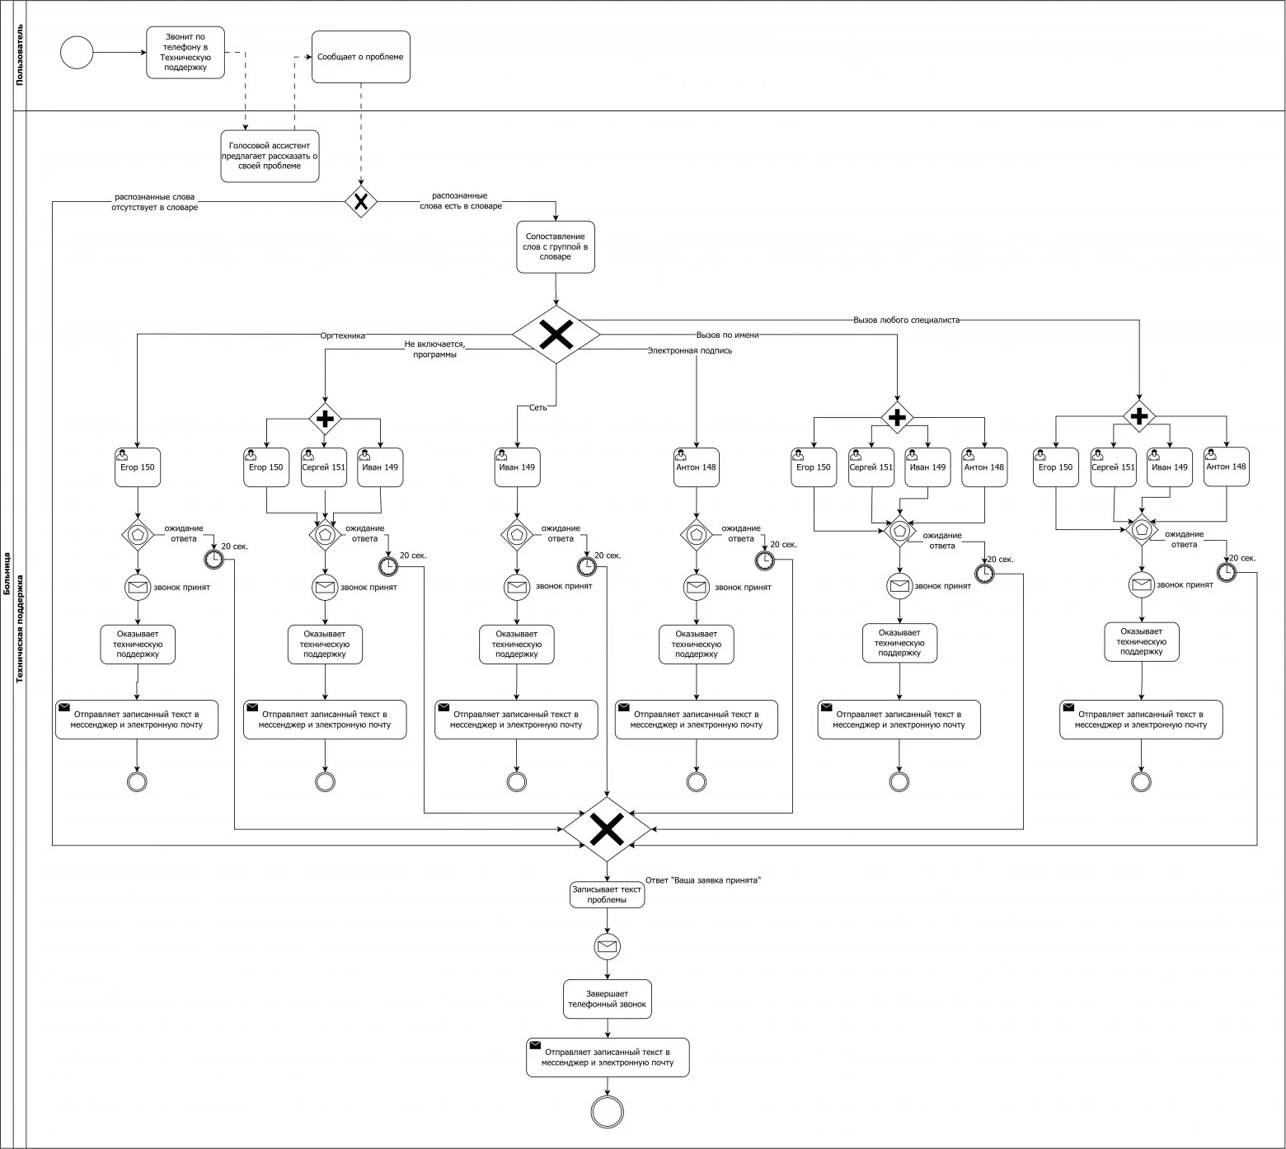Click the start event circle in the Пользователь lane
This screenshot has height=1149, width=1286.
coord(77,53)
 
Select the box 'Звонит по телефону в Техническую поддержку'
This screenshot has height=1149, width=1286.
coord(185,53)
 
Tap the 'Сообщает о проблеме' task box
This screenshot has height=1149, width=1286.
coord(361,57)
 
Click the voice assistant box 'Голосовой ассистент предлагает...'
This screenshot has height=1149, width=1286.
coord(270,156)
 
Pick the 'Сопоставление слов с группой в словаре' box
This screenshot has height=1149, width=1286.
coord(556,246)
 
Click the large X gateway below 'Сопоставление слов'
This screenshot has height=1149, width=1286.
coord(556,335)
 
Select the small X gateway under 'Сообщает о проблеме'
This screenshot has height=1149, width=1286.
coord(360,201)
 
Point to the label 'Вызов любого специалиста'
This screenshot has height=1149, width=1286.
coord(906,320)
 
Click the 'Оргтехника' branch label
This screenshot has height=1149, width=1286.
coord(343,335)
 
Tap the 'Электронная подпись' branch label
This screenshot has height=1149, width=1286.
coord(690,350)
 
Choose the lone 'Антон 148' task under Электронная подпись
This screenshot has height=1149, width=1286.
coord(697,467)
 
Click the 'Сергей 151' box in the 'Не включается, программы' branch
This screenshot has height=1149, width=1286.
coord(324,467)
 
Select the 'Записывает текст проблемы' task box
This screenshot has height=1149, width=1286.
coord(607,894)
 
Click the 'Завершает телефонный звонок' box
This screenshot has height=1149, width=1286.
coord(608,999)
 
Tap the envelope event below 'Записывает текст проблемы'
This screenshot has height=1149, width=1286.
coord(607,946)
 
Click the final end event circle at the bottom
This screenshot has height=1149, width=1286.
coord(608,1111)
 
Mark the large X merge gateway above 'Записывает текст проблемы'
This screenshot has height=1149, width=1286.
coord(607,829)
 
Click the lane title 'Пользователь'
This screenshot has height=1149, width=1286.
coord(20,55)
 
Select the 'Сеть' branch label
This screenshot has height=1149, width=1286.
coord(538,407)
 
